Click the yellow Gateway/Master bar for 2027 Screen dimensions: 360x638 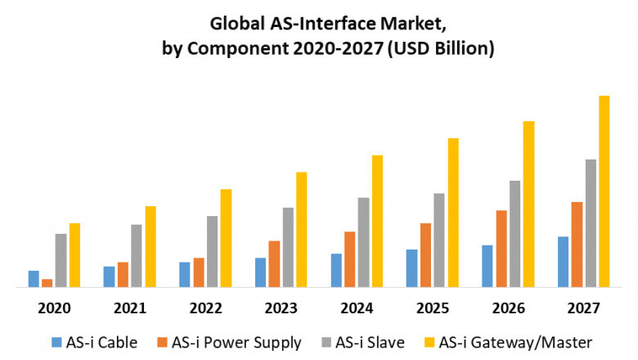[x=604, y=191]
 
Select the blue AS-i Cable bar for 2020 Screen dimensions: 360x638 [x=34, y=279]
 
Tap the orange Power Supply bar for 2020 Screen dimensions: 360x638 [x=47, y=283]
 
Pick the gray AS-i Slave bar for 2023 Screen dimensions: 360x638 [x=287, y=247]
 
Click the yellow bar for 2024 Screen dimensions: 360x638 [x=377, y=221]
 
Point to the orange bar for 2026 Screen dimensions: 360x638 [x=501, y=249]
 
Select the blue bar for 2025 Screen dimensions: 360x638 [x=411, y=268]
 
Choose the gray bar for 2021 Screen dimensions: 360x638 [x=136, y=256]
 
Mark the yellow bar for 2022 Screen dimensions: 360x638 [x=226, y=238]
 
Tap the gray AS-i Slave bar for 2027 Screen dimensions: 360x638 [x=590, y=223]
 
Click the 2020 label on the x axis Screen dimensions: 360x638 [x=53, y=308]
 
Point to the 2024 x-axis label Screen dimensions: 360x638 [x=357, y=308]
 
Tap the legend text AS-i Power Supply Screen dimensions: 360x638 [x=236, y=343]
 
